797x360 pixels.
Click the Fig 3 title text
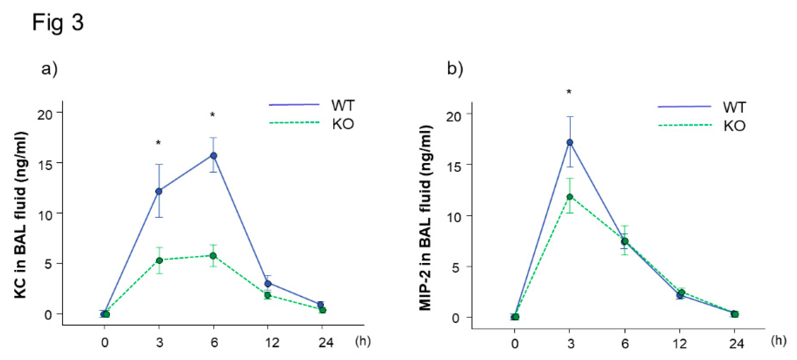pyautogui.click(x=58, y=23)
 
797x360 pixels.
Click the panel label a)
pyautogui.click(x=49, y=69)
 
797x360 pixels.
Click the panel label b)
pyautogui.click(x=455, y=69)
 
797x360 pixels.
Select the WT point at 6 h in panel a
pyautogui.click(x=214, y=156)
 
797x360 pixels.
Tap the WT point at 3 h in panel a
pyautogui.click(x=159, y=191)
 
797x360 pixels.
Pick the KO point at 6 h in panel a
pyautogui.click(x=213, y=256)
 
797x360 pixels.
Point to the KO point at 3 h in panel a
pyautogui.click(x=159, y=261)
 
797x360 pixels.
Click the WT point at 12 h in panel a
pyautogui.click(x=268, y=283)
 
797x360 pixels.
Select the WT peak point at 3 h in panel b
pyautogui.click(x=569, y=142)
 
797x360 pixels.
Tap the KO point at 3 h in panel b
pyautogui.click(x=570, y=197)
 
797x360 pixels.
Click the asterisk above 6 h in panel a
pyautogui.click(x=213, y=115)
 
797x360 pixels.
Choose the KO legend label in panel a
pyautogui.click(x=343, y=124)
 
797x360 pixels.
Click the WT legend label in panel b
pyautogui.click(x=734, y=107)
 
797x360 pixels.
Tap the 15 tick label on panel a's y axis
pyautogui.click(x=45, y=165)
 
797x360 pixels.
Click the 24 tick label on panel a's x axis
pyautogui.click(x=326, y=343)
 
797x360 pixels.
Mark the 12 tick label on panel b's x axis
pyautogui.click(x=679, y=344)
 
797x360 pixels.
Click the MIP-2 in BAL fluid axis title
pyautogui.click(x=425, y=218)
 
